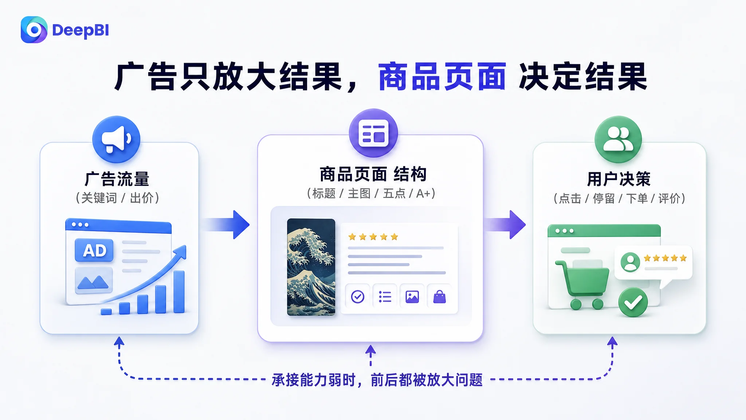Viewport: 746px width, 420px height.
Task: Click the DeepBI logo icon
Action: click(34, 30)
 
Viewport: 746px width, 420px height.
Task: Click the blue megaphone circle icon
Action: click(116, 139)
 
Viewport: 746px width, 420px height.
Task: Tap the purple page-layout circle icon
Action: click(373, 133)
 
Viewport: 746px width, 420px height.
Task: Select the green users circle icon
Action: click(618, 139)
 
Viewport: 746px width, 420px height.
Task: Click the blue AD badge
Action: click(94, 250)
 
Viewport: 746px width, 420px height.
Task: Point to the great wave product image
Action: click(311, 267)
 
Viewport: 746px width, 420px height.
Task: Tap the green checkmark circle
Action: click(633, 302)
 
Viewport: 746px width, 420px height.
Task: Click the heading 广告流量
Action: click(117, 179)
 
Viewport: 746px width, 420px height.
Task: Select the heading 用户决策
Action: click(619, 179)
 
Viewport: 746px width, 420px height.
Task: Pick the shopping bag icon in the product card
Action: click(440, 297)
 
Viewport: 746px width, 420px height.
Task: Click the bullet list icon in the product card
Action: click(385, 297)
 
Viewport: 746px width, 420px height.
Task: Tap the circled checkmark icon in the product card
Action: click(358, 297)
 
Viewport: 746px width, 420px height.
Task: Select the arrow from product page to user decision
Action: click(505, 225)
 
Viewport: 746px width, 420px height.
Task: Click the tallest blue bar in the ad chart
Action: click(179, 292)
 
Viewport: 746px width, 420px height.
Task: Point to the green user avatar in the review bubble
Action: click(630, 262)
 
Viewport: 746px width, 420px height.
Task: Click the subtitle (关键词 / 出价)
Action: click(117, 198)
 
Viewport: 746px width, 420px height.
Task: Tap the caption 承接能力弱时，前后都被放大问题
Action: click(377, 380)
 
